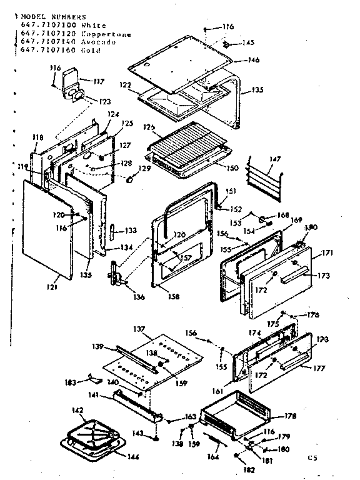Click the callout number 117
(x=98, y=81)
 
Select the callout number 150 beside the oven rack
(x=232, y=167)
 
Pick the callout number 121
(x=51, y=287)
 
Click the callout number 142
(x=77, y=411)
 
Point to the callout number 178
(x=291, y=416)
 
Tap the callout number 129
(x=144, y=169)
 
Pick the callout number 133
(x=131, y=230)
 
